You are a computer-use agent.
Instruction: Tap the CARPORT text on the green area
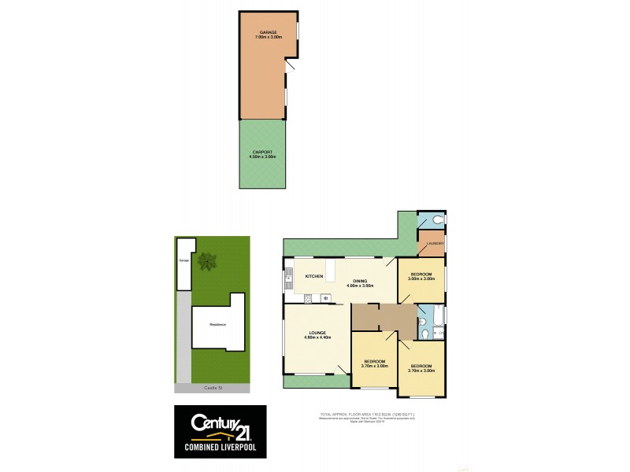[x=263, y=151]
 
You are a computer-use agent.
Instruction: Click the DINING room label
[x=359, y=282]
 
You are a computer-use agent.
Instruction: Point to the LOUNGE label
[x=317, y=333]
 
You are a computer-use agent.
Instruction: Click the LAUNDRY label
[x=435, y=244]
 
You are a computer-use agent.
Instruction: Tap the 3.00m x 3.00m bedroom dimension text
[x=421, y=278]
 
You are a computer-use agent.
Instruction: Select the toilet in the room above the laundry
[x=438, y=220]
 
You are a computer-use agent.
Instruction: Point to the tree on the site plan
[x=208, y=260]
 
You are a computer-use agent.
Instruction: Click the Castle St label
[x=213, y=389]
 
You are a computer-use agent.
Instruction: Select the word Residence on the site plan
[x=217, y=325]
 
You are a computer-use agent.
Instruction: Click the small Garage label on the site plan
[x=185, y=259]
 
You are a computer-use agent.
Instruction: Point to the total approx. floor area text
[x=367, y=414]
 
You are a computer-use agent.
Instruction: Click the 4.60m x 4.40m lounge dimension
[x=317, y=337]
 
